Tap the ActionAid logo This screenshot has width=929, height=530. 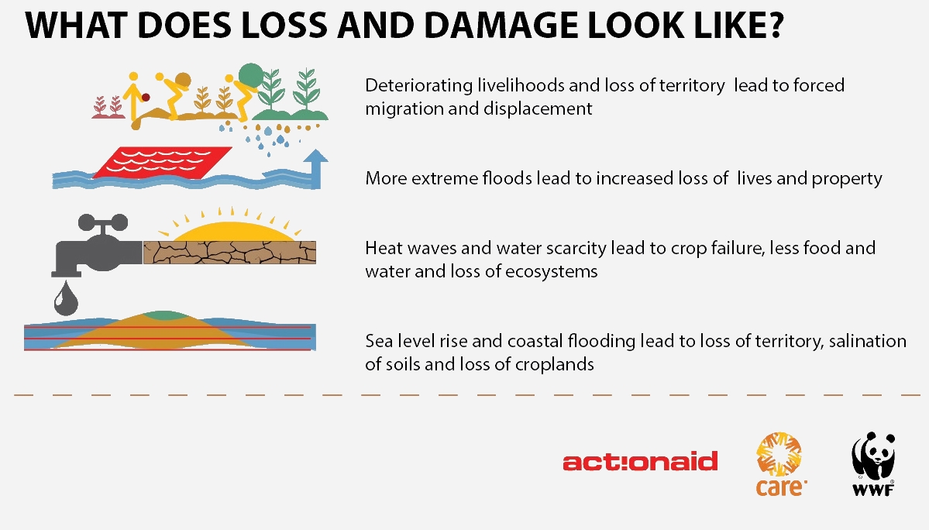click(640, 461)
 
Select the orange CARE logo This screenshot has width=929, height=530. click(780, 464)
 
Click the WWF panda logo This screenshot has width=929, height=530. click(873, 463)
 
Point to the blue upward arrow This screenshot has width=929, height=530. click(316, 169)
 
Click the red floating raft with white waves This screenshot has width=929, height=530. click(162, 162)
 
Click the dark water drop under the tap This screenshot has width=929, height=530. click(66, 298)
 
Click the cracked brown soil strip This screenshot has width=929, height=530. click(229, 253)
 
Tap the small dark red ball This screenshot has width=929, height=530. click(146, 97)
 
